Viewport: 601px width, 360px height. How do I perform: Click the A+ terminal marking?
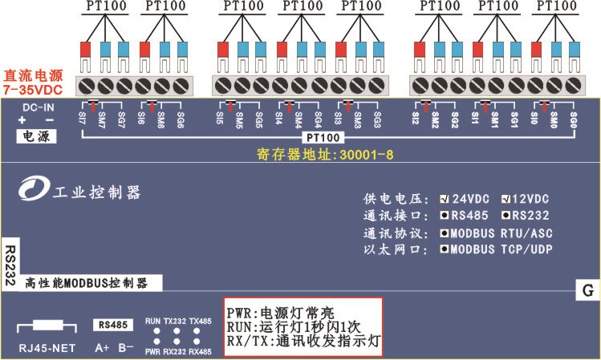point(102,348)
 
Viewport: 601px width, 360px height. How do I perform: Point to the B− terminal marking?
point(126,348)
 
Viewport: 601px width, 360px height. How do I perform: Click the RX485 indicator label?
point(201,352)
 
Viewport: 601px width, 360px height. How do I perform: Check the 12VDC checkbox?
point(505,198)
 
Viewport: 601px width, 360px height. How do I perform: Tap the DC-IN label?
point(37,107)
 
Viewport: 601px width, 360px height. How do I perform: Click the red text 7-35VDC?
point(33,91)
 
